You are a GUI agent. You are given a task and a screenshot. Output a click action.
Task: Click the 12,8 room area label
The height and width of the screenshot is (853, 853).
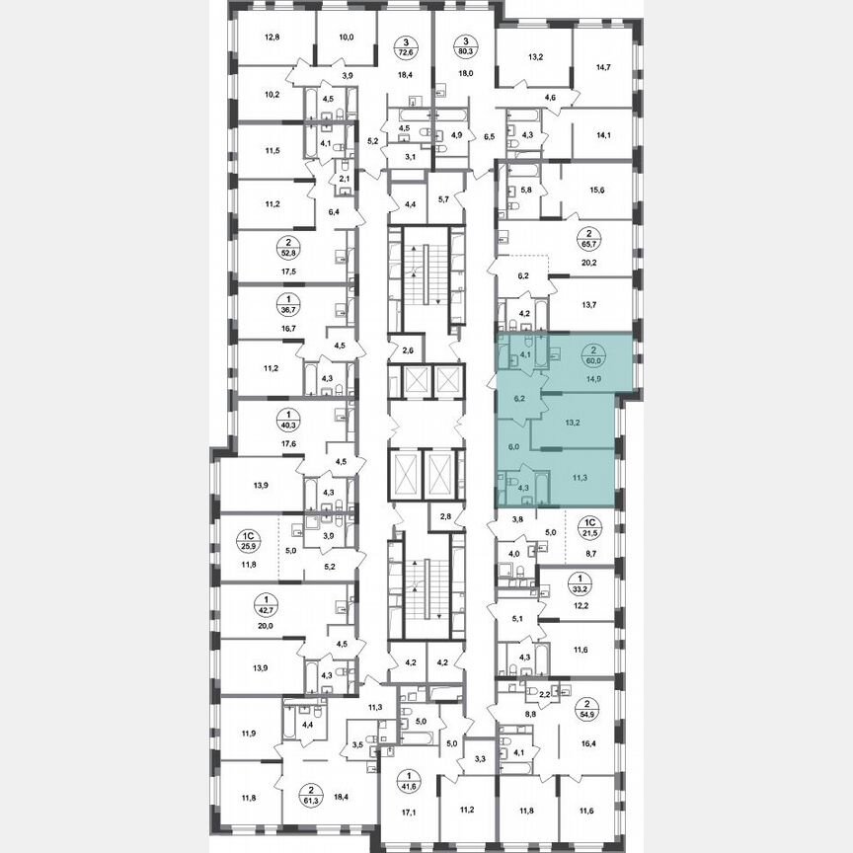point(272,39)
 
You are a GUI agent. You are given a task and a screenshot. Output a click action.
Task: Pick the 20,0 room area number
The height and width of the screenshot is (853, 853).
point(265,626)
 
